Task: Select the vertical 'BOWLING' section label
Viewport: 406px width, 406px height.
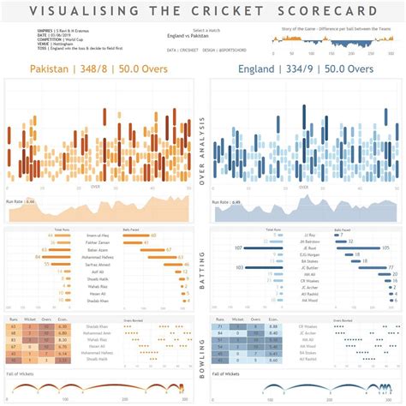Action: [x=202, y=356]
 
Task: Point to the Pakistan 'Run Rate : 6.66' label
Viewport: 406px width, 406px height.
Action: [x=20, y=201]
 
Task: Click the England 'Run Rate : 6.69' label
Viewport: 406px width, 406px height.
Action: [x=224, y=203]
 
